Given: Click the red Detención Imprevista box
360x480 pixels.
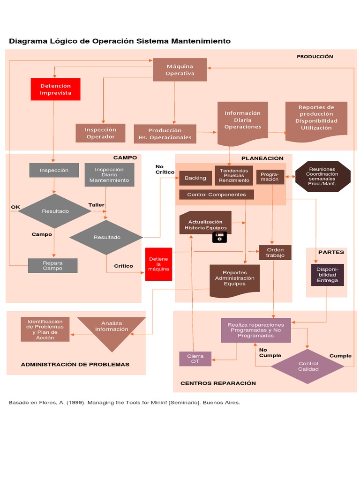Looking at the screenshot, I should pyautogui.click(x=55, y=89).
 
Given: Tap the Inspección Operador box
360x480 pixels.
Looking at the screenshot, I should pyautogui.click(x=100, y=133).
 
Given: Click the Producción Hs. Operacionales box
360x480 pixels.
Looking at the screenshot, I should pyautogui.click(x=165, y=134).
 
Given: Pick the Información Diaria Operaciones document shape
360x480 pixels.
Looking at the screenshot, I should pyautogui.click(x=242, y=120).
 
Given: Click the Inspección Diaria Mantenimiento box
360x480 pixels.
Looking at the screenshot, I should pyautogui.click(x=109, y=175).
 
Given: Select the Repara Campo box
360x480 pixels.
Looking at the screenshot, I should pyautogui.click(x=52, y=266).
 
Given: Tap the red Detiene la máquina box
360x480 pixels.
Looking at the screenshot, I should pyautogui.click(x=158, y=264).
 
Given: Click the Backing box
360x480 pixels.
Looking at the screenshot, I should pyautogui.click(x=195, y=178).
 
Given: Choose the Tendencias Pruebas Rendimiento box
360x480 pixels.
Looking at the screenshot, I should pyautogui.click(x=234, y=175).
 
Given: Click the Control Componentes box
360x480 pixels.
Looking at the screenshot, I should pyautogui.click(x=216, y=195).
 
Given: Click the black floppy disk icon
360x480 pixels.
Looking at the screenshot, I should pyautogui.click(x=219, y=237).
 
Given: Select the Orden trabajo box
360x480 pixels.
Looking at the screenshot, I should pyautogui.click(x=275, y=253).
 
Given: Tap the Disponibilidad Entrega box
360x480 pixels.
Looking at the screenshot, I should pyautogui.click(x=327, y=275).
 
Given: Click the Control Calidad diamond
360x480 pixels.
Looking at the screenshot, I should pyautogui.click(x=308, y=367).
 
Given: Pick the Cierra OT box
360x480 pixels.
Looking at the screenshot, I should pyautogui.click(x=195, y=359).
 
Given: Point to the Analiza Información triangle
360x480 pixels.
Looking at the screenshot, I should pyautogui.click(x=111, y=329).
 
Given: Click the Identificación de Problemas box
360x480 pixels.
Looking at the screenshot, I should pyautogui.click(x=45, y=330).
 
